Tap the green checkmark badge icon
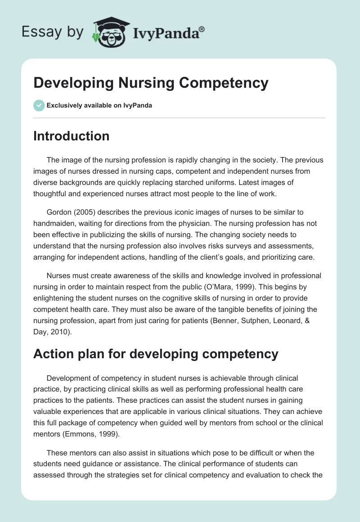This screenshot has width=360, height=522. point(39,105)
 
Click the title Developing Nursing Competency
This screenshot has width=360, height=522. point(151,83)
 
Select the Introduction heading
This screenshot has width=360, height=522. point(71,136)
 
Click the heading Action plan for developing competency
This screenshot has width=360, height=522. point(156,354)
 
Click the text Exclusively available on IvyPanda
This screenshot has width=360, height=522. point(99,106)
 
